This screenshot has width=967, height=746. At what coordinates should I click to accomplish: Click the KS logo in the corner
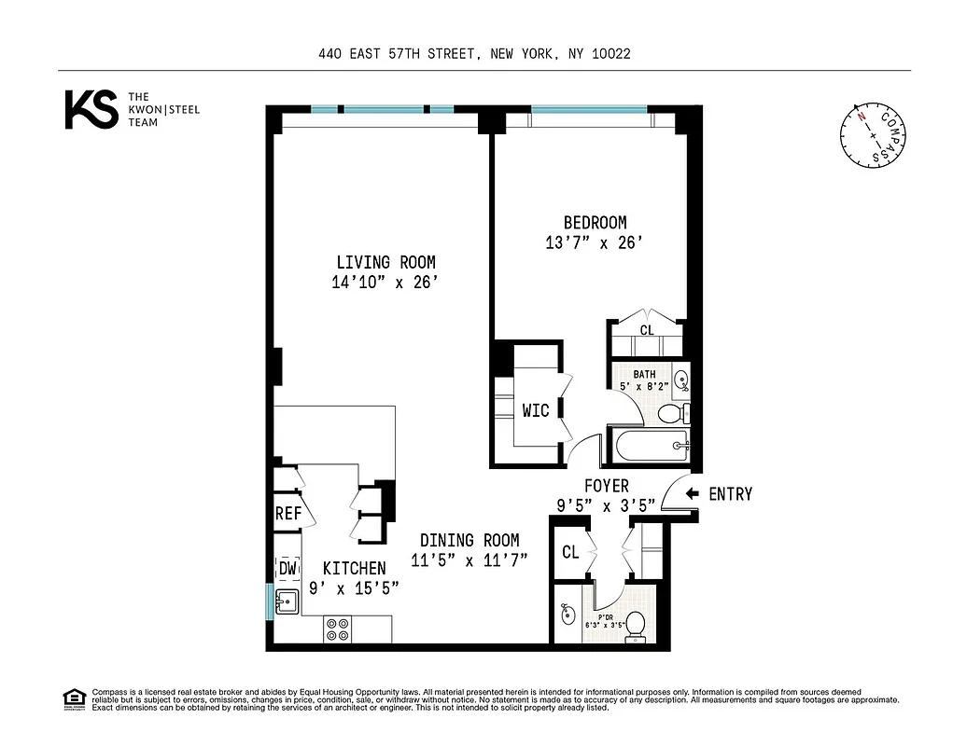pos(91,109)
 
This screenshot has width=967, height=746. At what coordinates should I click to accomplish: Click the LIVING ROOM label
pos(385,263)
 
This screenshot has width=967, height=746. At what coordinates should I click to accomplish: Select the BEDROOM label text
pos(595,223)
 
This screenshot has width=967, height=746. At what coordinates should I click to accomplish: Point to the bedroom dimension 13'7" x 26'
pos(595,243)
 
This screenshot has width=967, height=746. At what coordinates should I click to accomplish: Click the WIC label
pos(535,410)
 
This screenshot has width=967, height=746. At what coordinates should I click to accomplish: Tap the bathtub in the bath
pos(652,446)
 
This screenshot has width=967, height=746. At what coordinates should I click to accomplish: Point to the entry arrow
pos(692,494)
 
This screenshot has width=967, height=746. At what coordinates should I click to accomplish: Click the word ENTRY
pos(730,494)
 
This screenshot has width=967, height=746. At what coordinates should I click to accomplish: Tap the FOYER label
pos(606,486)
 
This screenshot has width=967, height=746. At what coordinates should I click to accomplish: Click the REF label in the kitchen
pos(287,514)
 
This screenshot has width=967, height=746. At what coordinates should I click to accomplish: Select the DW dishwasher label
pos(287,568)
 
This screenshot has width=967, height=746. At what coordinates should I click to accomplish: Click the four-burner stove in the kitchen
pos(338,629)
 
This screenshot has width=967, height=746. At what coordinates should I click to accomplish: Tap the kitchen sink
pos(286,602)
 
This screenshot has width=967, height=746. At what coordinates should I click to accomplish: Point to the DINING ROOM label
pos(469,540)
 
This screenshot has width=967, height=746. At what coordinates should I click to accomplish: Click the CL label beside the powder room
pos(570,552)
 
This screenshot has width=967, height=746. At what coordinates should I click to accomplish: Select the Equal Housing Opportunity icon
pos(74,698)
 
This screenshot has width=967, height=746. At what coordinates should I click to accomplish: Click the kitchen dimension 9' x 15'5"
pos(354,587)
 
